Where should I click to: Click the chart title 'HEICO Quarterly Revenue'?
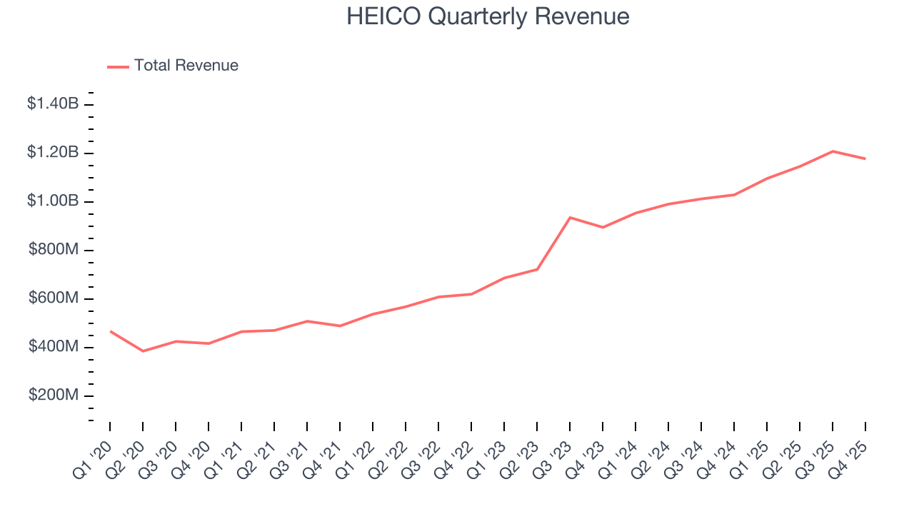[x=488, y=16]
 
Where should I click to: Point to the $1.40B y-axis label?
[x=53, y=104]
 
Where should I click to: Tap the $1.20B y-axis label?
[x=53, y=153]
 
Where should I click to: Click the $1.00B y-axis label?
[x=53, y=201]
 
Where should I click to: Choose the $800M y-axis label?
[x=54, y=250]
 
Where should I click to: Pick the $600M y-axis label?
[x=54, y=298]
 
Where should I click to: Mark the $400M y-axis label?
[x=54, y=347]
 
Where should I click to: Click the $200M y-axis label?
[x=54, y=395]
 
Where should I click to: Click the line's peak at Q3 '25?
[x=833, y=151]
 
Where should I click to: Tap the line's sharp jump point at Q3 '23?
[x=570, y=217]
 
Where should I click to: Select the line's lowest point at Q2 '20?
[x=143, y=351]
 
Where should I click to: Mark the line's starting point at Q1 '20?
[x=110, y=331]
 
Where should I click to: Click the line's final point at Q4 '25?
[x=865, y=158]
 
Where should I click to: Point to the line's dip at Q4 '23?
[x=603, y=227]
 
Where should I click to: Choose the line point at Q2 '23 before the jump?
[x=537, y=269]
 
